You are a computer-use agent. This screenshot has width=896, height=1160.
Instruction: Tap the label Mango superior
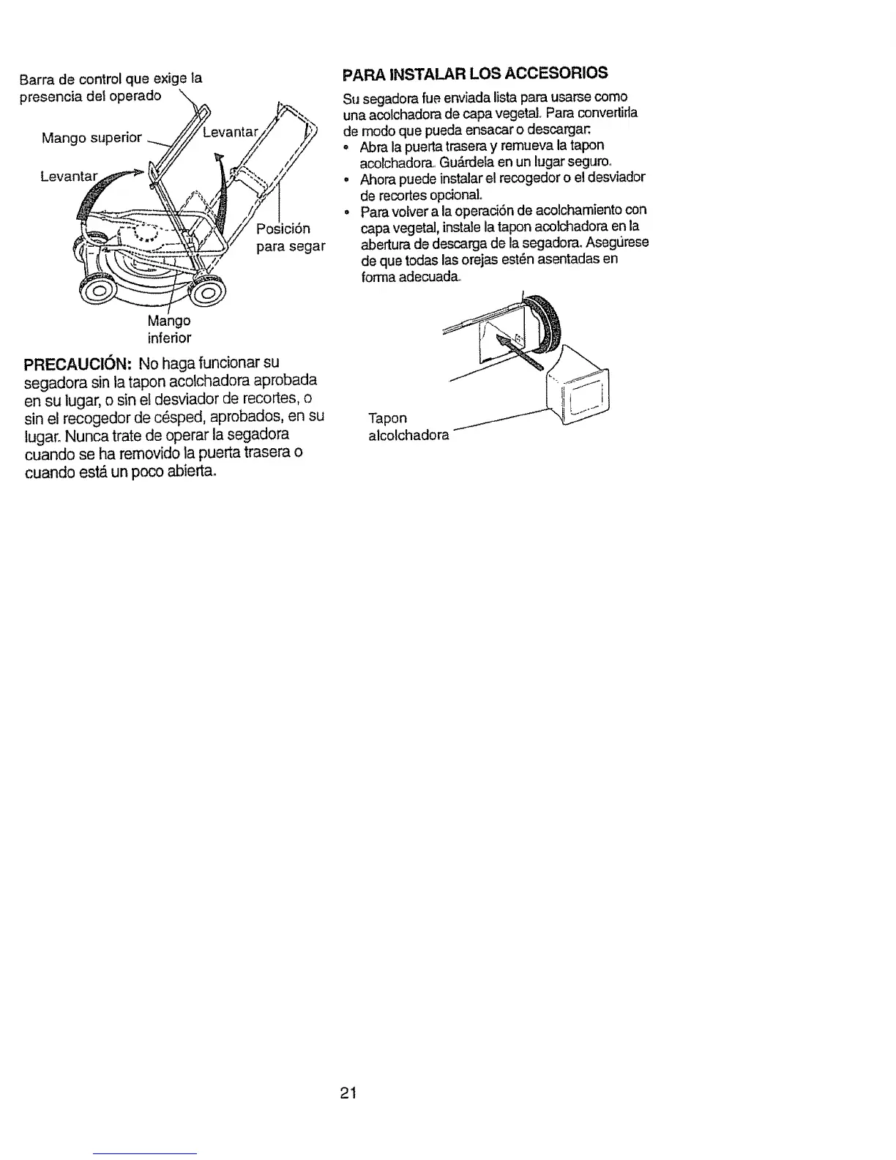coord(92,138)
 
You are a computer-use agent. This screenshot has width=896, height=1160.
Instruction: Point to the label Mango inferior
coord(169,330)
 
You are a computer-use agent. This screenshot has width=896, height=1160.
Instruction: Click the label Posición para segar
coord(290,237)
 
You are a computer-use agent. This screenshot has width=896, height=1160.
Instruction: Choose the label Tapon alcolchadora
coord(408,427)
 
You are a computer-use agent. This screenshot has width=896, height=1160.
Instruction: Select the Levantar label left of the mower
coord(68,176)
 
